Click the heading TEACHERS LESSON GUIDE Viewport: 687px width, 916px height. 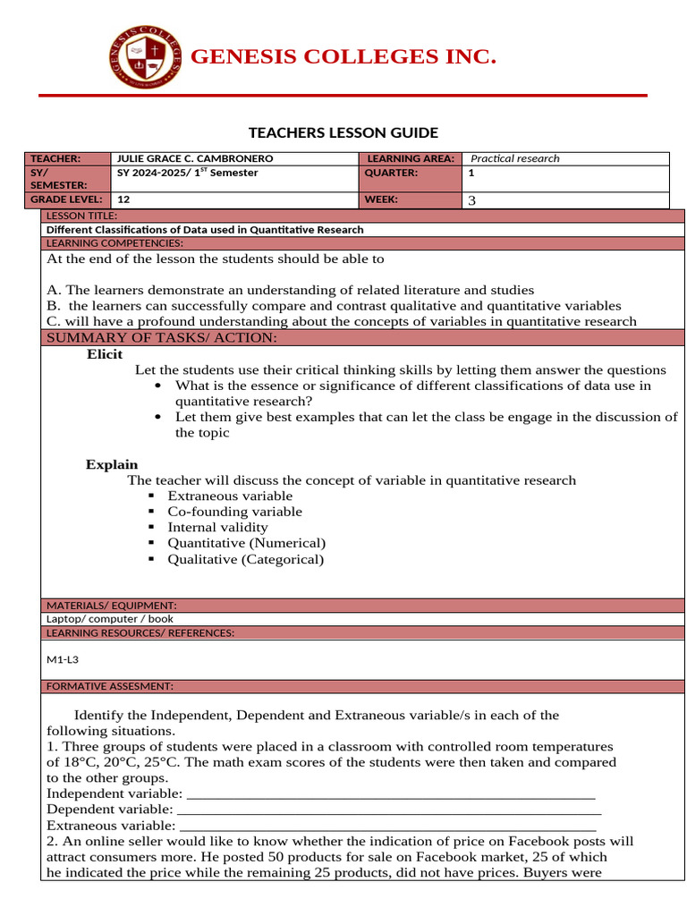point(343,133)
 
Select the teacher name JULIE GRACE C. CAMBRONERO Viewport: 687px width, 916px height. point(196,158)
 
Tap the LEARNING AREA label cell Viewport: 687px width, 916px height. point(411,158)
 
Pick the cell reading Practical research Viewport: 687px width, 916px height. point(515,158)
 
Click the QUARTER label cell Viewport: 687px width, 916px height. point(391,173)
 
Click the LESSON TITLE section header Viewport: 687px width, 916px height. point(81,216)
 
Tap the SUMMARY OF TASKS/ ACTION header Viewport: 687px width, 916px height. point(161,337)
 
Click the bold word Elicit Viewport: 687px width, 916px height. point(105,354)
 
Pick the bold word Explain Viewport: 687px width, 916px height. point(112,464)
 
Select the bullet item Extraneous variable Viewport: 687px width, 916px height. point(230,496)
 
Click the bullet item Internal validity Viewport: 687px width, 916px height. point(217,527)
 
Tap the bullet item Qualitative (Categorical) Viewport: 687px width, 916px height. point(245,559)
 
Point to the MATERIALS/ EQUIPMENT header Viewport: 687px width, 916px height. point(111,606)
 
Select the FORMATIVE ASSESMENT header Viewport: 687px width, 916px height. point(109,686)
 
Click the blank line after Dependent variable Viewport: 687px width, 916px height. point(389,810)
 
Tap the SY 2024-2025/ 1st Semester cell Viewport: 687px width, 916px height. point(188,173)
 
